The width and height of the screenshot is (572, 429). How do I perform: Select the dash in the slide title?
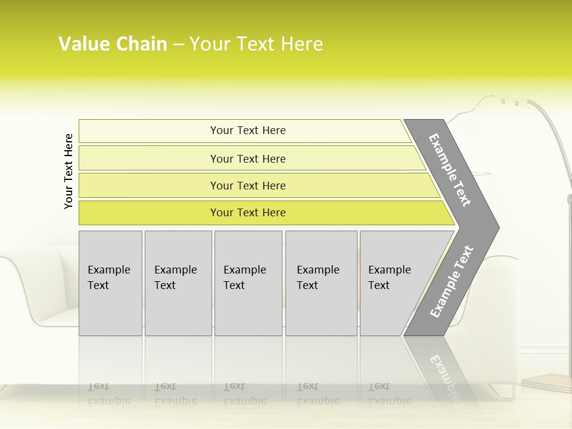coord(178,44)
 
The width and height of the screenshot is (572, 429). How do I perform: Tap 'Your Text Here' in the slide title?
coord(256,44)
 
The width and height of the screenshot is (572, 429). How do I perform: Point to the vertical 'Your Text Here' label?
coord(69,171)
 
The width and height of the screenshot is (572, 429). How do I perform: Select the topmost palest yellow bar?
coord(248,130)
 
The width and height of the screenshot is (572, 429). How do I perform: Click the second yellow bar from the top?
coord(248,158)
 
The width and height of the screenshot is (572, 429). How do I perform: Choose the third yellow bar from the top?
coord(248,185)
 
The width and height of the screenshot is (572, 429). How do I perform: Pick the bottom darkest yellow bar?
coord(248,213)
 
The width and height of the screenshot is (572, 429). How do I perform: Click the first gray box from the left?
coord(110,283)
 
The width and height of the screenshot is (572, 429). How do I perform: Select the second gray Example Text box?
coord(178,283)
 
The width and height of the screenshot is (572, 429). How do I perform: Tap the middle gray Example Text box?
coord(248,283)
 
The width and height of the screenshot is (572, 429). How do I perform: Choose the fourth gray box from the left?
coord(321,283)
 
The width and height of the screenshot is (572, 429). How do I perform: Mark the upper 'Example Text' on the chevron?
coord(450,170)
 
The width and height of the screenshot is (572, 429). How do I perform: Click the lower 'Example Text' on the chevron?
coord(452,282)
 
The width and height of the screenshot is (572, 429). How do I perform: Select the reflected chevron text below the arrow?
coord(444,375)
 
